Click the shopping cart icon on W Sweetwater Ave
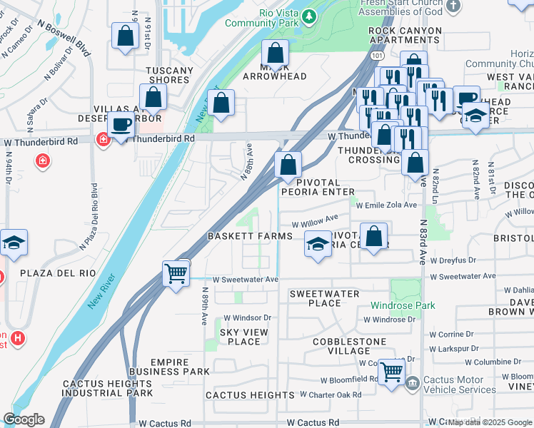tap(176, 272)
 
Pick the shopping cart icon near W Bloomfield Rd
tap(391, 372)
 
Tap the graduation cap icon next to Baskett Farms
tap(318, 245)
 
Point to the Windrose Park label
tap(402, 305)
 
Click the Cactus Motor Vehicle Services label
tap(459, 384)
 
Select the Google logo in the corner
tap(24, 419)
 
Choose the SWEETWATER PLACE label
tap(325, 298)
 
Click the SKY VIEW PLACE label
tap(239, 337)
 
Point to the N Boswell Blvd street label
tap(64, 37)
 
